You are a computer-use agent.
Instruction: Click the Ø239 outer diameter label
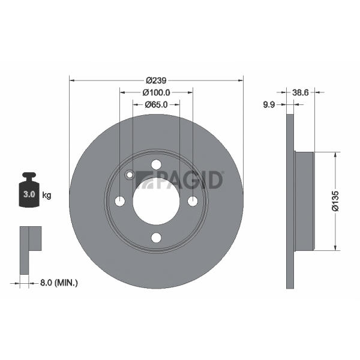point(156,80)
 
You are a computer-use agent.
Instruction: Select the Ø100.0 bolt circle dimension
point(157,92)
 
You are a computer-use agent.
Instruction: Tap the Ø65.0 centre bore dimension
point(157,104)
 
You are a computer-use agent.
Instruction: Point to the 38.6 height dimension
point(301,92)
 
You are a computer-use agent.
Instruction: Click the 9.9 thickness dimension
point(269,104)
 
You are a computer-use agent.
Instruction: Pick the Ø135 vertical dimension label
point(335,200)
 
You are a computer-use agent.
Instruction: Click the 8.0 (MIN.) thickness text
point(59,283)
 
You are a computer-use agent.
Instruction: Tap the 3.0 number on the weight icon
point(29,194)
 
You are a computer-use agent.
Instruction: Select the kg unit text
point(47,196)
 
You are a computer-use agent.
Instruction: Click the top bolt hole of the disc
point(157,164)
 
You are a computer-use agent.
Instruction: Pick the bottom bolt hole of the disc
point(157,238)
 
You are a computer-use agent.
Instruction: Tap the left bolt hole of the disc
point(120,202)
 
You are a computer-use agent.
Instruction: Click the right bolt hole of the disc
point(193,202)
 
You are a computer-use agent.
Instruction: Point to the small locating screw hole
point(130,175)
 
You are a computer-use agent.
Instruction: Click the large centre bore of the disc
point(157,202)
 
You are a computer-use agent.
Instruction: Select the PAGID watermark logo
point(179,180)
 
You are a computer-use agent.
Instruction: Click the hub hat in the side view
point(304,201)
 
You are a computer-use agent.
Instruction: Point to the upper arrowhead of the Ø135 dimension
point(335,155)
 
